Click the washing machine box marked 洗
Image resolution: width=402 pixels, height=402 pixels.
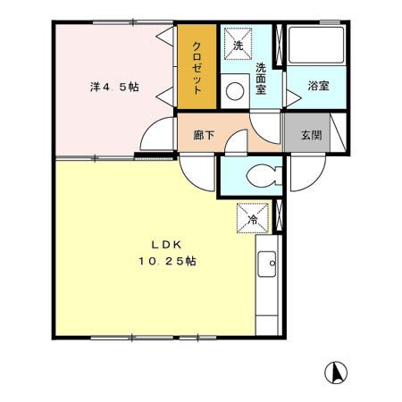pos(238,42)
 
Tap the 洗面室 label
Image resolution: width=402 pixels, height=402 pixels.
pos(262,79)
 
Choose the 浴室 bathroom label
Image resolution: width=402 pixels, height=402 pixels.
pos(318,86)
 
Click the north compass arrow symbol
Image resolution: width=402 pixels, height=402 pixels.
pos(338,371)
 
